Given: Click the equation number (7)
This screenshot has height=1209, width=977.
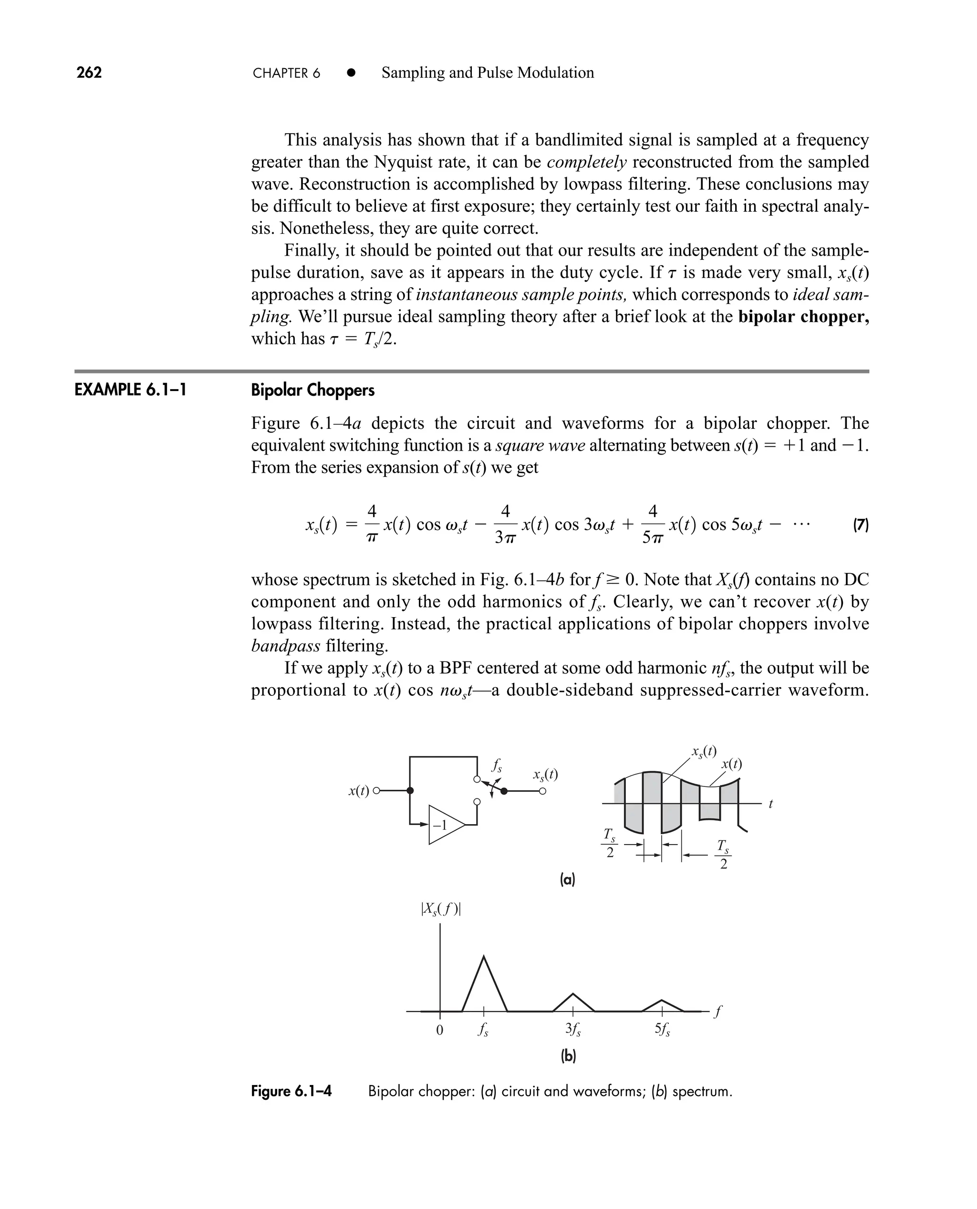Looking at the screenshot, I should point(861,526).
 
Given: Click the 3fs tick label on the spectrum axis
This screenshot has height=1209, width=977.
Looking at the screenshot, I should point(572,1029).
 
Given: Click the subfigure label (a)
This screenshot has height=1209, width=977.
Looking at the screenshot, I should point(567,879).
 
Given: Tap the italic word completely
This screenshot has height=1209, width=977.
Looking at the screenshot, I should point(586,162).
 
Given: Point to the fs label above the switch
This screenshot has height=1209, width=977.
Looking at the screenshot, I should point(497,765).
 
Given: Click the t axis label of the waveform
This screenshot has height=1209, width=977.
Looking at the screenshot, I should point(770,805).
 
